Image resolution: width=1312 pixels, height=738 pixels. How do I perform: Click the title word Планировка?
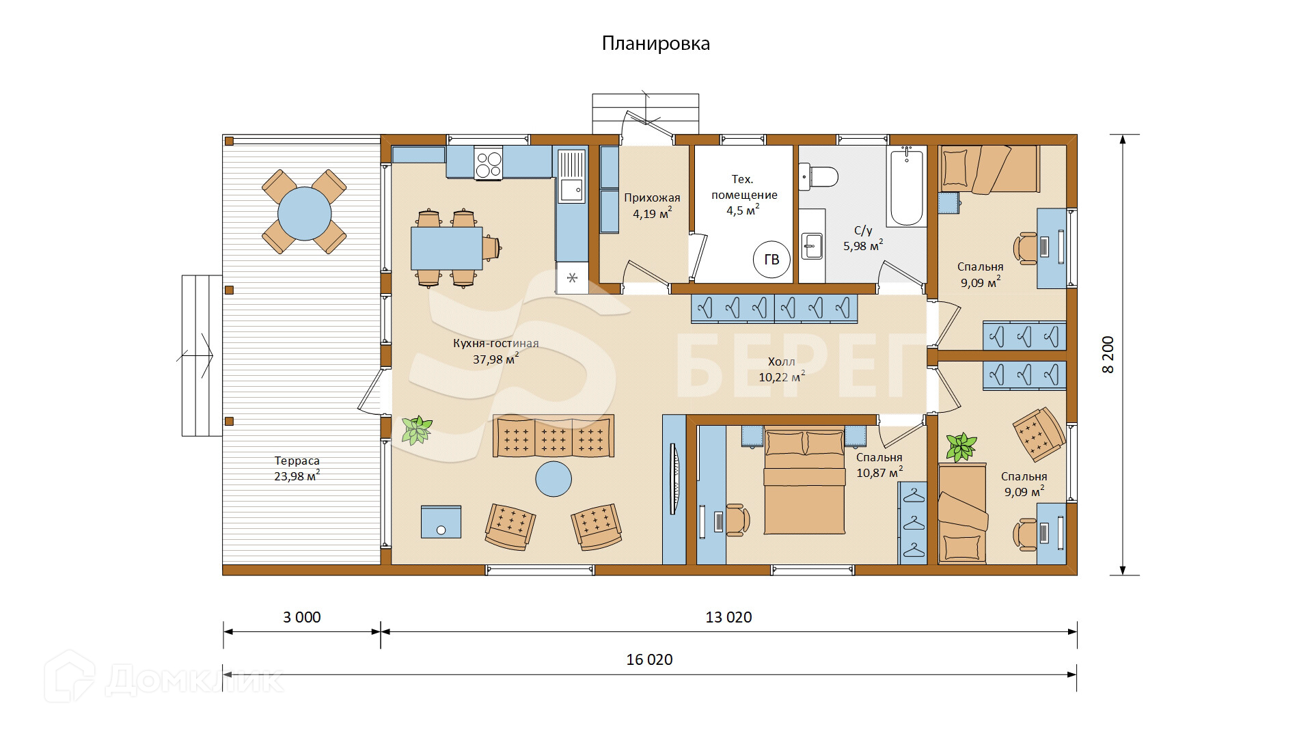coord(655,44)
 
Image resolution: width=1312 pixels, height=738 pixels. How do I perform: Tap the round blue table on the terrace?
coord(304,214)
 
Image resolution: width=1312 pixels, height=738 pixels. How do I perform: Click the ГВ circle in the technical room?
coord(771,260)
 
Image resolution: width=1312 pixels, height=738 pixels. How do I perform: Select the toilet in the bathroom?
coord(818,177)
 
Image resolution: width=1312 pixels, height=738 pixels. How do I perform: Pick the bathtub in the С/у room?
coord(907,186)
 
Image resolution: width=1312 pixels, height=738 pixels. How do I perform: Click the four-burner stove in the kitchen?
coord(488,163)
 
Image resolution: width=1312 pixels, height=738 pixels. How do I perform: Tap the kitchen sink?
coord(571,177)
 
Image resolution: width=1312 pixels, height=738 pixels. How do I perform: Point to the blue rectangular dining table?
coord(446,248)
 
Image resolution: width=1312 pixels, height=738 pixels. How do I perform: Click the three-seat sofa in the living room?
coord(553,436)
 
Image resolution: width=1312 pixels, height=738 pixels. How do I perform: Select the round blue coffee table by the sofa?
coord(553,478)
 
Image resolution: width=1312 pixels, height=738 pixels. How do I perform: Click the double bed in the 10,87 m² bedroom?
coord(805,480)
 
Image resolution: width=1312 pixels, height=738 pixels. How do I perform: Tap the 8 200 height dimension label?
coord(1108,355)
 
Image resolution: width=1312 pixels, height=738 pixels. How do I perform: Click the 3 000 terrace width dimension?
coord(302,617)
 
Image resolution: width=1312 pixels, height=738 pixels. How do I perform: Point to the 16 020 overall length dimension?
coord(649,659)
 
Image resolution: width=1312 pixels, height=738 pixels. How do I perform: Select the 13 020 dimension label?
coord(728,617)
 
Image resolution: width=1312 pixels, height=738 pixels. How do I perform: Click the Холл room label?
coord(781,361)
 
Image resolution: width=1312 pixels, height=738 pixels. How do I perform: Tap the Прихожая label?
coord(652,198)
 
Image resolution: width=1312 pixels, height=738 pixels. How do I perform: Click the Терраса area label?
coord(297,461)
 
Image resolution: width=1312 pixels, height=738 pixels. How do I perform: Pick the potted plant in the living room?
coord(417,430)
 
